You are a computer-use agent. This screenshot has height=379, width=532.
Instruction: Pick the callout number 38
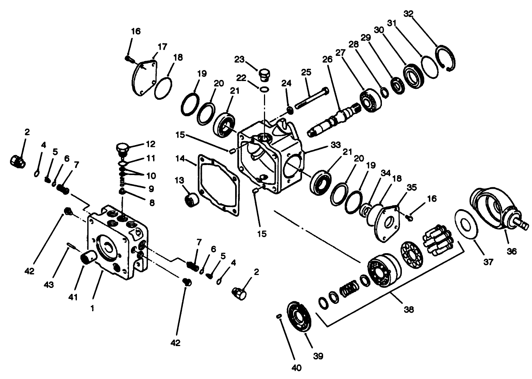tap(409, 309)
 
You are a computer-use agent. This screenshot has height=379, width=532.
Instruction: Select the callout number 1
tap(92, 308)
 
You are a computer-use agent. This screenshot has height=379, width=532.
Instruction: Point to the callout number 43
tap(59, 285)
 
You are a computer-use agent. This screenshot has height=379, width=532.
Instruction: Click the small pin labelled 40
tap(280, 316)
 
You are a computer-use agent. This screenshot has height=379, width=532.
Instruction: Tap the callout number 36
tap(511, 251)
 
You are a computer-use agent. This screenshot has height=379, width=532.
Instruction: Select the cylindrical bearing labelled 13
tap(192, 200)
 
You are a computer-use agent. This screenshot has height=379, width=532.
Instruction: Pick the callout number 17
tap(162, 47)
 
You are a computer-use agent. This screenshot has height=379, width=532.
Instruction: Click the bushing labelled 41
tap(89, 256)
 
